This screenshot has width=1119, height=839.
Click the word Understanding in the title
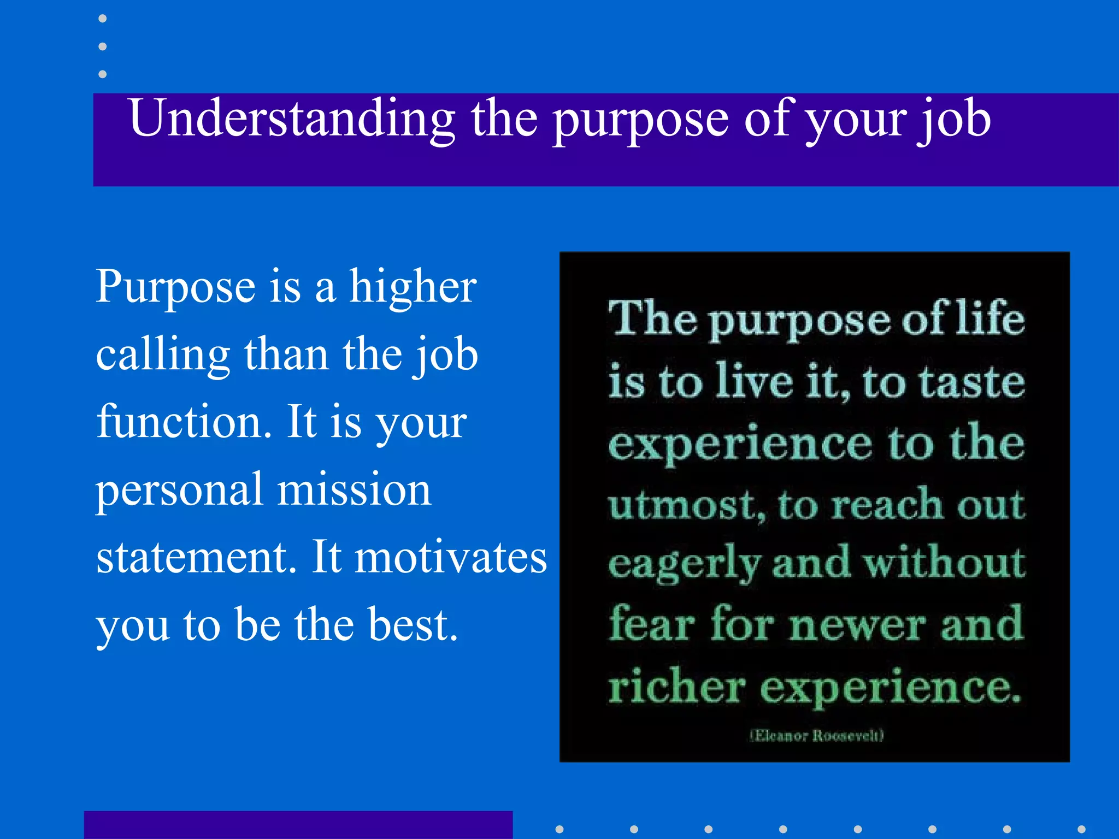coord(292,119)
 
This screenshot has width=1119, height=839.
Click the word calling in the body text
coord(163,355)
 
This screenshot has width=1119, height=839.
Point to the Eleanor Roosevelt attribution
coord(816,735)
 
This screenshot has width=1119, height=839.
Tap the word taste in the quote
coord(973,382)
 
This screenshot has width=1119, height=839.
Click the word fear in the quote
coord(651,624)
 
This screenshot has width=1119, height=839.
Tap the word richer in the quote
coord(676,686)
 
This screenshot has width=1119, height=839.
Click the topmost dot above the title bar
coord(102,19)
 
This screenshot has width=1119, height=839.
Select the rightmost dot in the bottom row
coord(1081,829)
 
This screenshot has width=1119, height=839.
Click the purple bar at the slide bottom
coord(298,825)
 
